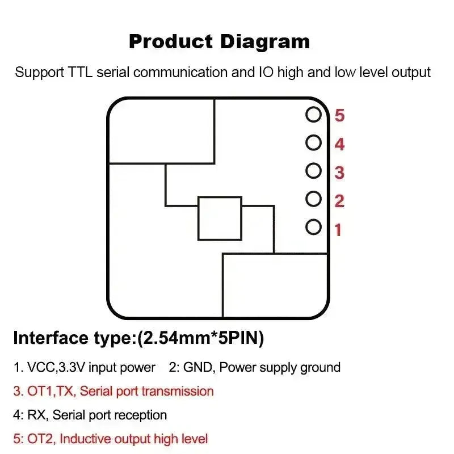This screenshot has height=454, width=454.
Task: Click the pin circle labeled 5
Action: tap(314, 108)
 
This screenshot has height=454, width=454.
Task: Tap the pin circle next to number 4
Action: tap(314, 136)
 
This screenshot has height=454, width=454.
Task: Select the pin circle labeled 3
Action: tap(314, 164)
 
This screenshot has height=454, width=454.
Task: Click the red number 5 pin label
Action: tap(339, 115)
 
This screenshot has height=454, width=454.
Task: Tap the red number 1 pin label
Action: tap(338, 230)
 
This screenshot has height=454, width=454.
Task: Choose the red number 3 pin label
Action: tap(339, 173)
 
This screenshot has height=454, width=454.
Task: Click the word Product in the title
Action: tap(171, 41)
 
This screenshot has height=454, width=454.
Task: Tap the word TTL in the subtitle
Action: tap(80, 72)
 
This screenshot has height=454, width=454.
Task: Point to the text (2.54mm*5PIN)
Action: tap(200, 338)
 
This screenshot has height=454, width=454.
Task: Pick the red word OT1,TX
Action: tap(52, 392)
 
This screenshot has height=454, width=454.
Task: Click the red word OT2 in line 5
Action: tap(40, 439)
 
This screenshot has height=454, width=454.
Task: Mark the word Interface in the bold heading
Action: tap(51, 338)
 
